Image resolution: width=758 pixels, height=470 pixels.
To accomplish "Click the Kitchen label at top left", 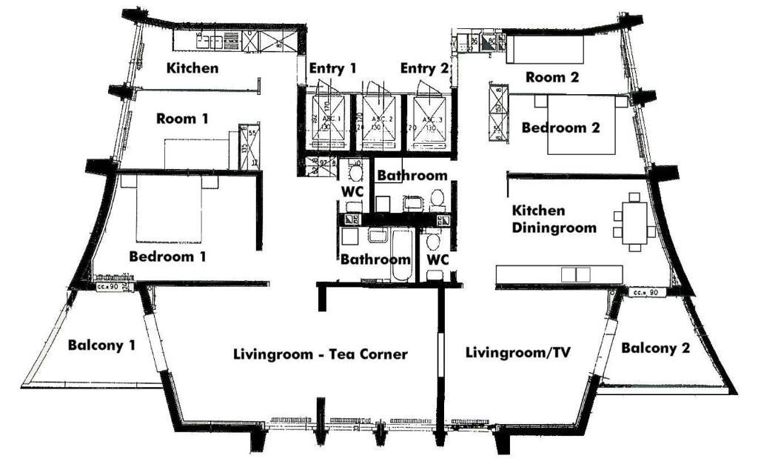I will pos(192,69).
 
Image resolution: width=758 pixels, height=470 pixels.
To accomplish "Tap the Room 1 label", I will pos(182,119).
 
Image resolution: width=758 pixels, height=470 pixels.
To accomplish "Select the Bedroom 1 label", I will pos(167,256).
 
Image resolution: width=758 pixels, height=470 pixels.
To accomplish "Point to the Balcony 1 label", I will pos(101,345).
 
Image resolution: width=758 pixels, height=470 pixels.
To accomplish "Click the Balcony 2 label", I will pos(655,348).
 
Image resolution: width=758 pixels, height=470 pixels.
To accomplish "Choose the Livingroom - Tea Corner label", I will pos(320,354).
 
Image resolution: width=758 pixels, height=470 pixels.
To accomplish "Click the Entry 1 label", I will pos(333,69).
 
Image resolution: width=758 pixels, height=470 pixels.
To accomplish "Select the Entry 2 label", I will pos(424,69).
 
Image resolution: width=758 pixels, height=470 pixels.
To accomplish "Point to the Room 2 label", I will pos(552,76).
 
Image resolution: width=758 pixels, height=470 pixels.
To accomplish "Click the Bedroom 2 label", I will pos(560,128).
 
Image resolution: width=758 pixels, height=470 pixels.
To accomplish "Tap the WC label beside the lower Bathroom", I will pos(438,260).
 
